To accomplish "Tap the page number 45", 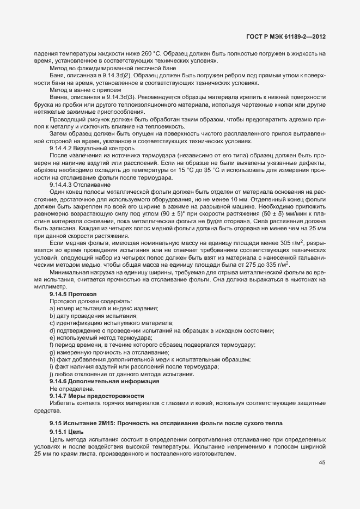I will pyautogui.click(x=322, y=463).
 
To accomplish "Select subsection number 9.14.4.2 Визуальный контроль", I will pyautogui.click(x=91, y=148).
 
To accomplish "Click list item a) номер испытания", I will pyautogui.click(x=103, y=308).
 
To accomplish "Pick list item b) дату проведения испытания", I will pyautogui.click(x=93, y=316).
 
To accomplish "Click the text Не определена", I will pyautogui.click(x=71, y=389).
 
